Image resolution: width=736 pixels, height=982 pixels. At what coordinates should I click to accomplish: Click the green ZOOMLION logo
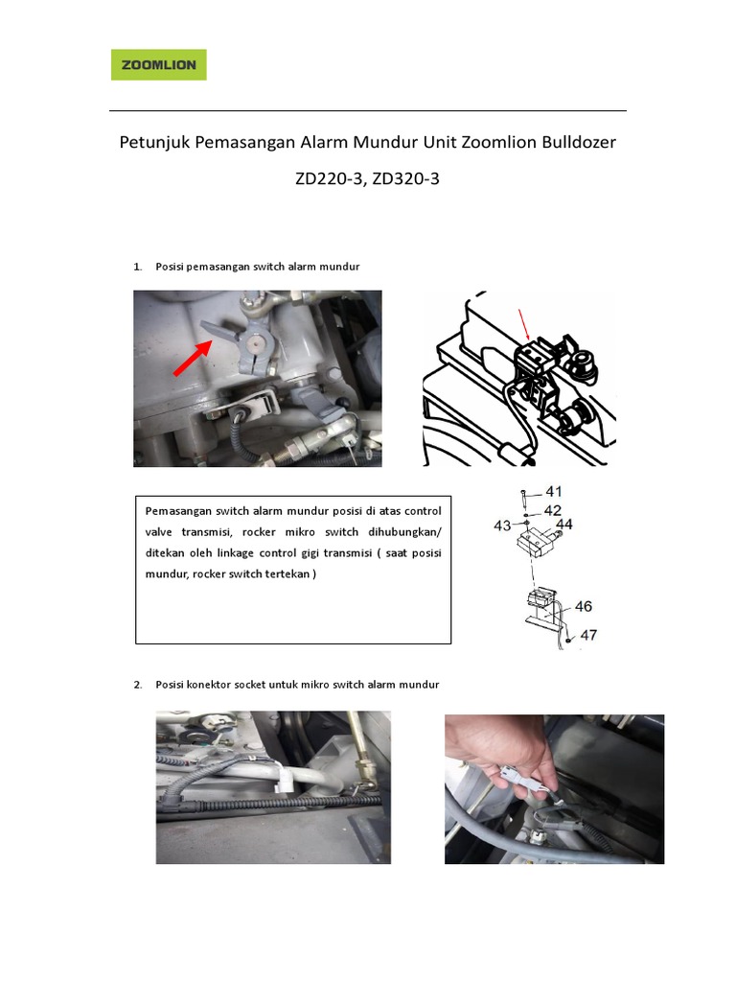159,65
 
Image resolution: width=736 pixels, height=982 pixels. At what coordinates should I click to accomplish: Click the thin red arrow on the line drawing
523,324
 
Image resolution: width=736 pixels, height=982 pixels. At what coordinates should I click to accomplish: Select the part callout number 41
553,492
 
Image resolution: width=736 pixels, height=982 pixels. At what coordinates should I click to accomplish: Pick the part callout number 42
553,510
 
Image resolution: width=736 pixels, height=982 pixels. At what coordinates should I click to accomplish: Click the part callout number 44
563,525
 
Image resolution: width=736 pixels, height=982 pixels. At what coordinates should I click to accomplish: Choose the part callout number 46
583,606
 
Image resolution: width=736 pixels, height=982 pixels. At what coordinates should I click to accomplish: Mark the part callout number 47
587,635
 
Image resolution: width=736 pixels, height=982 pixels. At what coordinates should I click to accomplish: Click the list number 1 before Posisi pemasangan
137,267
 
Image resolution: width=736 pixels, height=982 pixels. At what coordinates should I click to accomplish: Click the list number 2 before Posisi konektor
137,685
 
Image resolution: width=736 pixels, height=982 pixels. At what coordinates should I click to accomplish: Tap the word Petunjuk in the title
153,143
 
